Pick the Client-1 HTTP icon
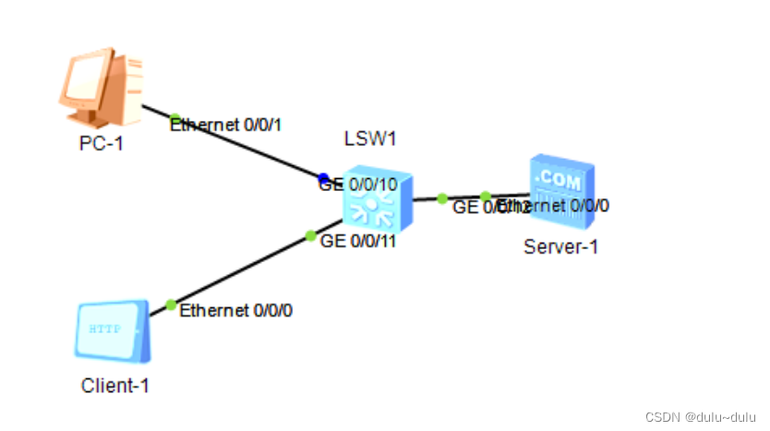(x=111, y=330)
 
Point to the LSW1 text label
(x=368, y=138)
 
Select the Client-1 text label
(x=114, y=386)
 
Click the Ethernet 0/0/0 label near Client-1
(x=236, y=310)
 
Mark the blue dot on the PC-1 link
(x=323, y=178)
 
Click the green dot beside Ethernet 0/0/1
(x=174, y=118)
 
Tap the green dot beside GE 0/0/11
(x=311, y=235)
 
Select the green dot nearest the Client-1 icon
(x=170, y=305)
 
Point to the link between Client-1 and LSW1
(x=240, y=269)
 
